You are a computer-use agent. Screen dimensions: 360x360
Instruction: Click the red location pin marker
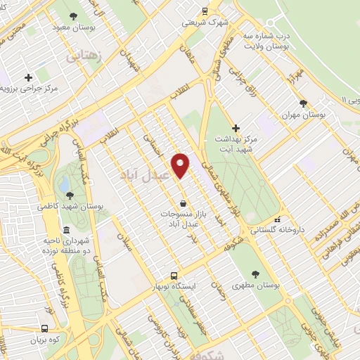(181, 165)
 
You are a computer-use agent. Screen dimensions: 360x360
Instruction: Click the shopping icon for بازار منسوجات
(183, 204)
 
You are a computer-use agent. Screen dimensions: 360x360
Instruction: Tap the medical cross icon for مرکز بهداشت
(236, 128)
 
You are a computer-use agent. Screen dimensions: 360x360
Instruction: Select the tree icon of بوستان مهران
(303, 103)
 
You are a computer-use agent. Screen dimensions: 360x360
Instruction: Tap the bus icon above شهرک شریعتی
(205, 11)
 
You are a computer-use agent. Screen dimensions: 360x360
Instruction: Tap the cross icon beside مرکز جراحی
(28, 77)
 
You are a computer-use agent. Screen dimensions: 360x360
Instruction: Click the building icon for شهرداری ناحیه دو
(66, 231)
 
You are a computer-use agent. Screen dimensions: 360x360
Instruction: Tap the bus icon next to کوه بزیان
(45, 328)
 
